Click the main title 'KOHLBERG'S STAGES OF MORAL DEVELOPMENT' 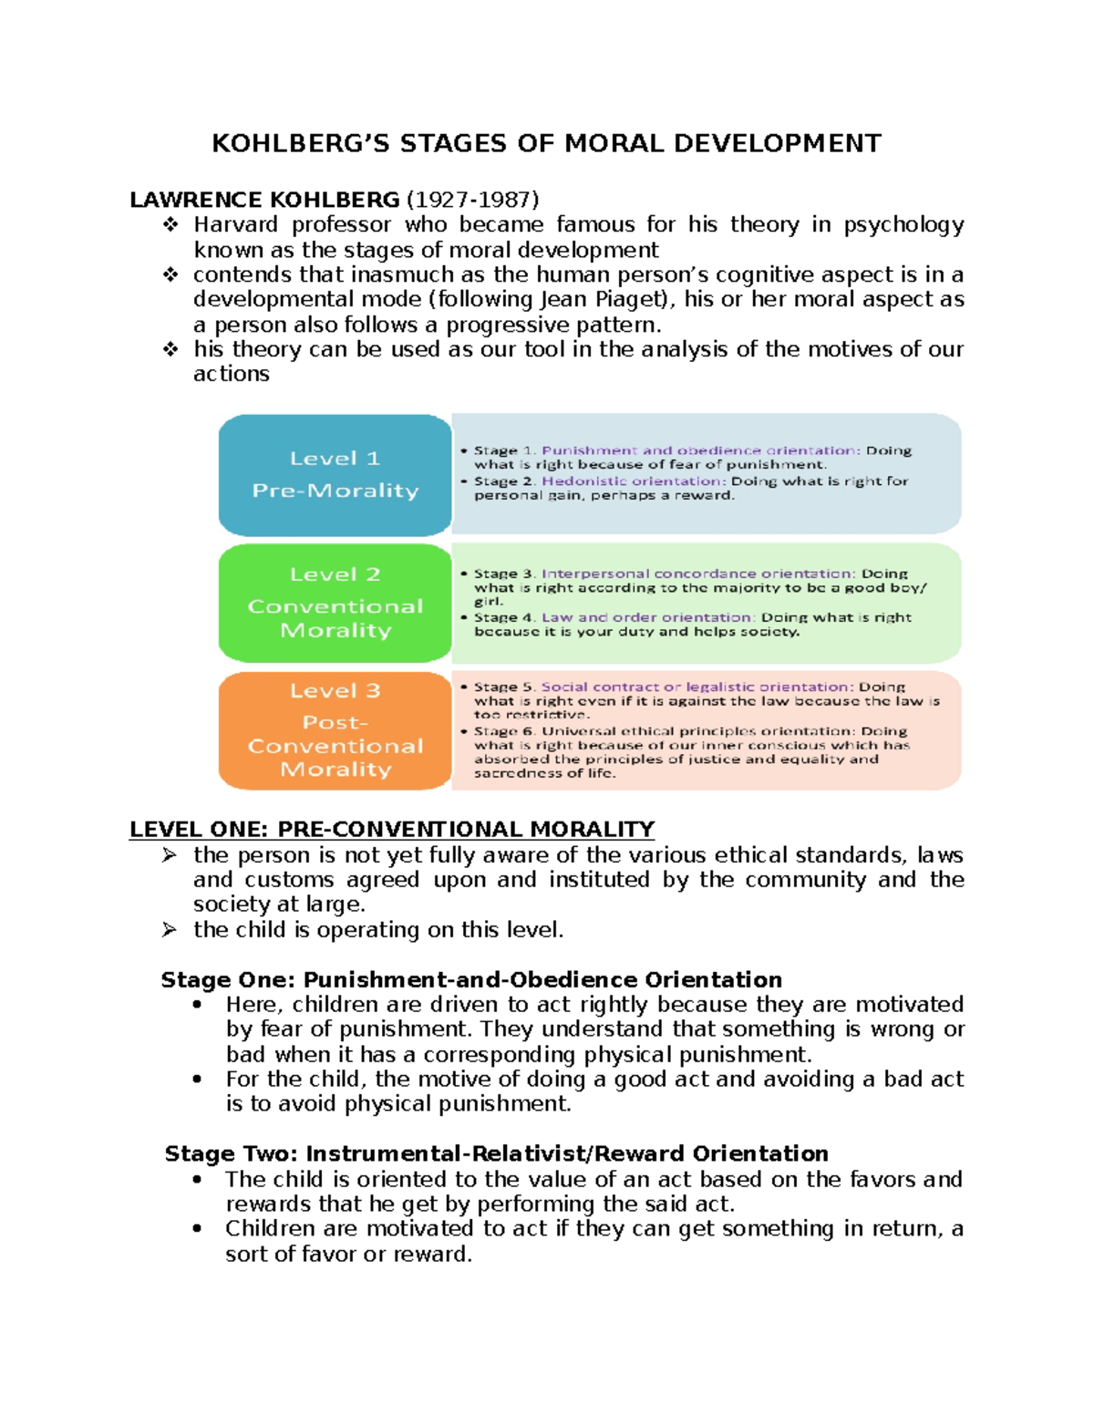click(546, 144)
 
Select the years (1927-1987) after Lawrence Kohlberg click(472, 200)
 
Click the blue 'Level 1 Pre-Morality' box click(335, 474)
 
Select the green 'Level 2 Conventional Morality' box click(335, 603)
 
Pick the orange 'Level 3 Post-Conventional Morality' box click(335, 730)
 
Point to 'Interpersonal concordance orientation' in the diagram click(697, 574)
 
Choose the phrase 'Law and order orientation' click(647, 617)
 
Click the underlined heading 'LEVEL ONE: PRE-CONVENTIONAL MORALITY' click(392, 829)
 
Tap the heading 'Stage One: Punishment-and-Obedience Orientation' click(471, 979)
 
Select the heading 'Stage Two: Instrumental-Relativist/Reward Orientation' click(496, 1153)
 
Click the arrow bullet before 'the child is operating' click(169, 929)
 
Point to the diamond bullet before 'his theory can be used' click(170, 349)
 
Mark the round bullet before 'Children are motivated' click(197, 1229)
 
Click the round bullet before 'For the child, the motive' click(197, 1080)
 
